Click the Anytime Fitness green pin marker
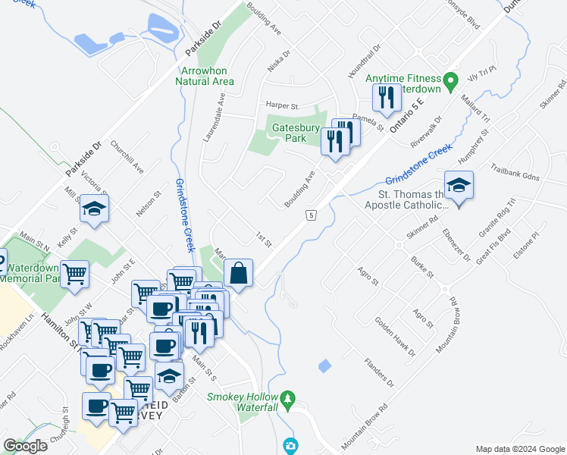tap(450, 80)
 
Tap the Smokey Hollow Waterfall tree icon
tap(287, 397)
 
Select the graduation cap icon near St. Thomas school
tap(458, 185)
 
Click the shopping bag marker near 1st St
tap(238, 273)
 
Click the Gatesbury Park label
tap(296, 133)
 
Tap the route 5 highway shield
tap(312, 216)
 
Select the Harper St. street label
tap(283, 105)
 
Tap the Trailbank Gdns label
tap(515, 172)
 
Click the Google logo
tap(25, 446)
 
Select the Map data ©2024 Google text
tap(520, 449)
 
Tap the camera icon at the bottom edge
tap(290, 446)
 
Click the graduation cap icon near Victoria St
tap(94, 208)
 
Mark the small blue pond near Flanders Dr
tap(324, 366)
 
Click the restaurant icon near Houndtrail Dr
tap(386, 97)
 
